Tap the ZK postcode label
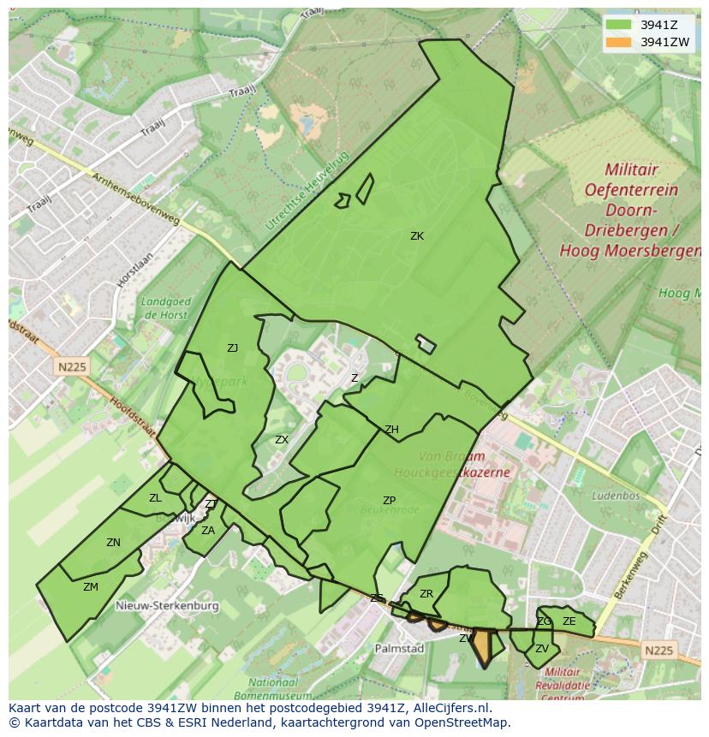click(417, 236)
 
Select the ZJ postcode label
click(233, 348)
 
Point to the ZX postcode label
click(282, 440)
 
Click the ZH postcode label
click(391, 430)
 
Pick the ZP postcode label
click(390, 501)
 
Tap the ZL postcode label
click(155, 498)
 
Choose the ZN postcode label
click(113, 543)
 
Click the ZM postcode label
click(91, 587)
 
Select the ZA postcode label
click(208, 531)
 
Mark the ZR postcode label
click(426, 594)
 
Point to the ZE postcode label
click(569, 622)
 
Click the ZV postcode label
click(541, 649)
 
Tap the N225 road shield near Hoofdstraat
click(73, 366)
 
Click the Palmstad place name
click(399, 649)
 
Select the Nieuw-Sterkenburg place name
click(167, 606)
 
